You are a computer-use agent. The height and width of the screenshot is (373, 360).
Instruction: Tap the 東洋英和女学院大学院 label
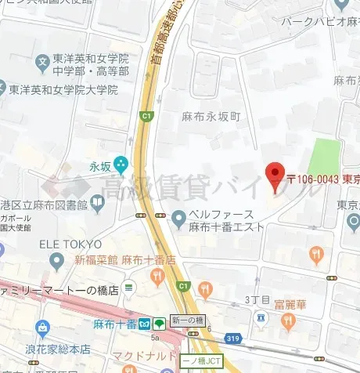63,90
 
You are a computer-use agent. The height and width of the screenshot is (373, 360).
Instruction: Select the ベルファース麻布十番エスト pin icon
178,215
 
